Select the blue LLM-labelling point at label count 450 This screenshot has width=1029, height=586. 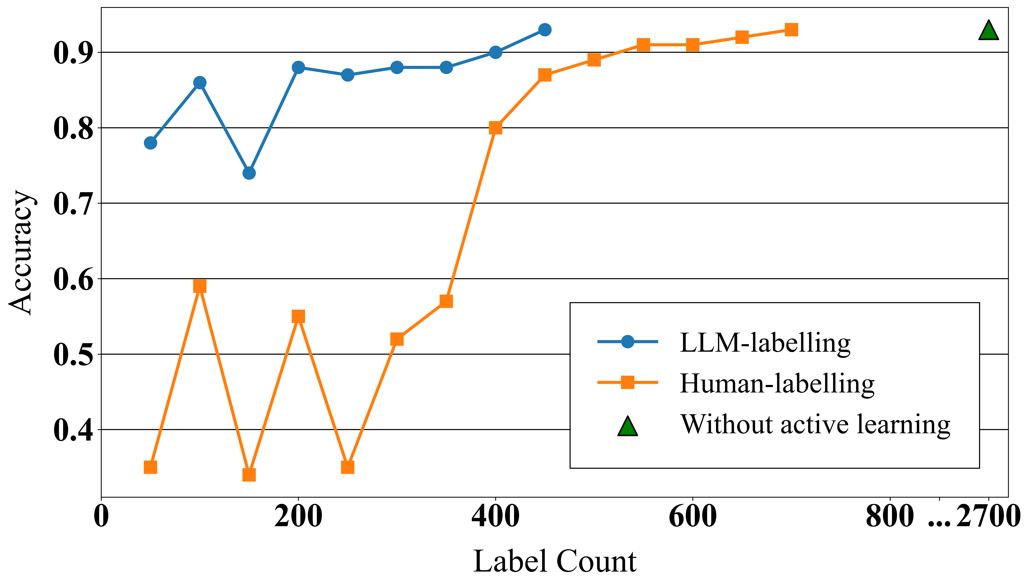(x=545, y=30)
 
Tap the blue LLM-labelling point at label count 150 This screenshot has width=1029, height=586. (x=249, y=173)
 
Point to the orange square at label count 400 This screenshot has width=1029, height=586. (x=495, y=128)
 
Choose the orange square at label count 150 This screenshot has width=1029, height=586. (x=249, y=475)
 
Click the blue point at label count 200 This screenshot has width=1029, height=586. (x=298, y=67)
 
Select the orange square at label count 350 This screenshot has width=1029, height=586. (x=446, y=301)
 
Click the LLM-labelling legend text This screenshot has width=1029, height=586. (x=765, y=343)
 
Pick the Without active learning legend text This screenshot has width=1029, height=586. (x=815, y=425)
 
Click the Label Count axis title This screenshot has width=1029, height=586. (x=555, y=561)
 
